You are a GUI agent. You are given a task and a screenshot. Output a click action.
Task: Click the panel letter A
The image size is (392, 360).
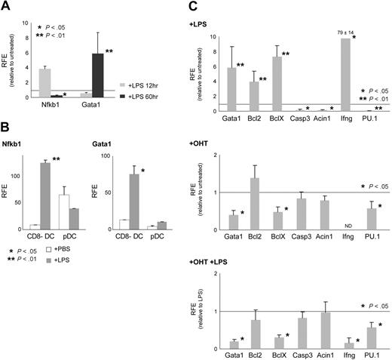[8, 8]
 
